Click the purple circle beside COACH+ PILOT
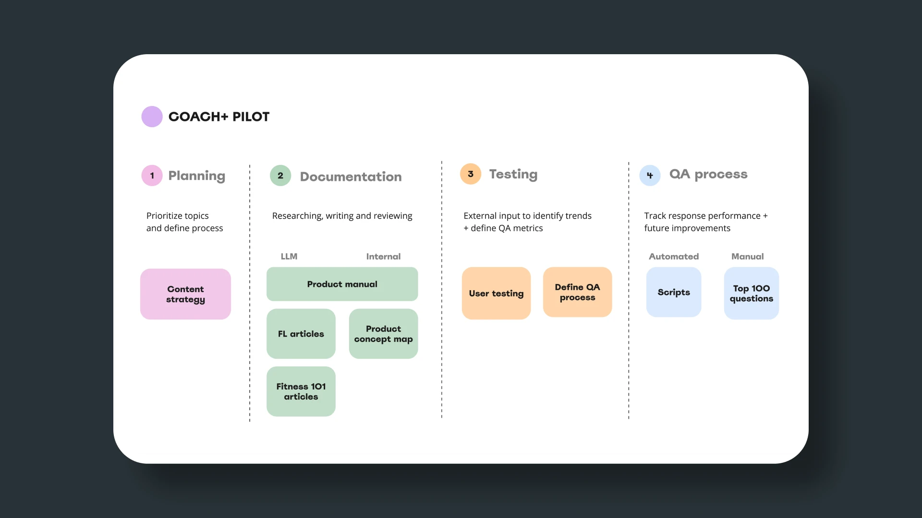click(152, 117)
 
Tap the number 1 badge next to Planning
click(152, 176)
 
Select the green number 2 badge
click(280, 176)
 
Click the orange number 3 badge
click(471, 174)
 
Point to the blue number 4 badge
click(650, 176)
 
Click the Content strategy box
click(185, 294)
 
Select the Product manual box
click(342, 284)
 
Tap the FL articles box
click(301, 334)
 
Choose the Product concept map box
click(383, 334)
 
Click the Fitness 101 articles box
click(301, 391)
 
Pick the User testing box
click(496, 293)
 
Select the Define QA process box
click(577, 292)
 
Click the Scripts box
click(674, 292)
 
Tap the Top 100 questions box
click(752, 293)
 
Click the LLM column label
click(289, 257)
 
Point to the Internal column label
click(383, 257)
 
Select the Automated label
click(674, 257)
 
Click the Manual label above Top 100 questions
click(748, 257)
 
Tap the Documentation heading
click(351, 177)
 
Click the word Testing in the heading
click(513, 175)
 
